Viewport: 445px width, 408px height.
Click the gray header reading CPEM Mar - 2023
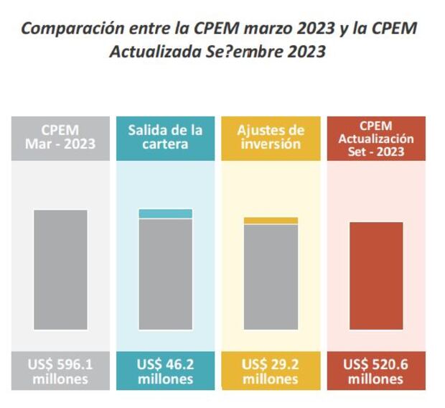(60, 137)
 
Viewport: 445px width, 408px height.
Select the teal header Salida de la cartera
(165, 137)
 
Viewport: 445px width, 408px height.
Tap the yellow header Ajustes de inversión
(271, 137)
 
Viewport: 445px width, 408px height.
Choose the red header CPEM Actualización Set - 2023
(376, 137)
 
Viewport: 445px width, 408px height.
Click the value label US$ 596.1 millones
(60, 371)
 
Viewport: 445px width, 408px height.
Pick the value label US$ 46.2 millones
(165, 371)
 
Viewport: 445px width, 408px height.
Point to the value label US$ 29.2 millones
(271, 371)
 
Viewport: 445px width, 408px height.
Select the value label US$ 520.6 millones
(376, 371)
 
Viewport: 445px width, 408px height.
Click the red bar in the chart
(376, 276)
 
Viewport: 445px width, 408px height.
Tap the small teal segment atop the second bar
(165, 213)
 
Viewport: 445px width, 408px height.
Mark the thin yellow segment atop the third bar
(271, 221)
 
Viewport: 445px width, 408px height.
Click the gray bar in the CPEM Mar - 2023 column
(60, 269)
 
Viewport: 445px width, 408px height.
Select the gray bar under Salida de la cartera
(165, 274)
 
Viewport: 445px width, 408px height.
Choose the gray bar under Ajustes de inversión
(271, 277)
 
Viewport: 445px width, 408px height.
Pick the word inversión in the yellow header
(271, 144)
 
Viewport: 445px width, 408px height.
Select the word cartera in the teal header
(165, 144)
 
